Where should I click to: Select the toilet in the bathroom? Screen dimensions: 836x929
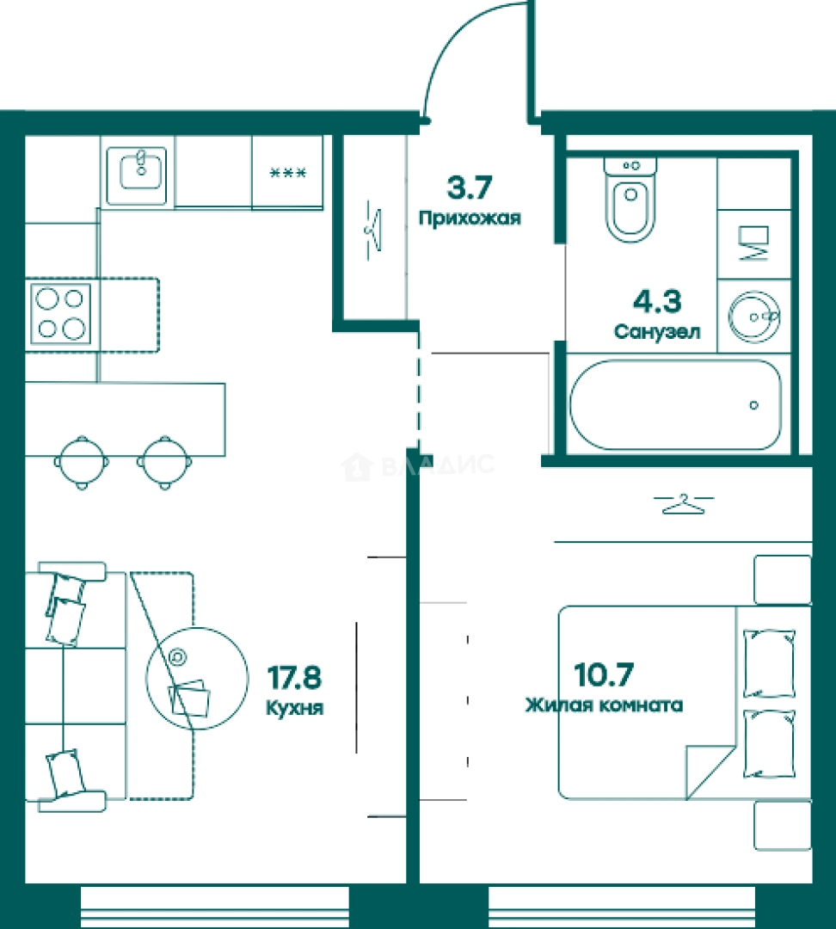630,200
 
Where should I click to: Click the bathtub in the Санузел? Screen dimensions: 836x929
675,405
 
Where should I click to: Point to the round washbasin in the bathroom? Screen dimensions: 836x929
754,317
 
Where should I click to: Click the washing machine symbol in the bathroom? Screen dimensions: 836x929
753,243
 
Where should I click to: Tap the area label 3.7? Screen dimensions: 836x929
470,188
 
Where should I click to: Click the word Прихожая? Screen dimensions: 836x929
470,218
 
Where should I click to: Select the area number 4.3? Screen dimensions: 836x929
657,301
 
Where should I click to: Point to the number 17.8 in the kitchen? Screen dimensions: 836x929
294,677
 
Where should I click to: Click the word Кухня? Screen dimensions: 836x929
294,707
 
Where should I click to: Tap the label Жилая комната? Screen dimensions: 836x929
604,705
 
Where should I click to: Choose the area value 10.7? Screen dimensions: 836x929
604,674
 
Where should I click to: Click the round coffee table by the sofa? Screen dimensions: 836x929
197,679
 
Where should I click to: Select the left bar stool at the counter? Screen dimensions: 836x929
82,463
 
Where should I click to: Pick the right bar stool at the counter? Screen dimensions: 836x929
165,463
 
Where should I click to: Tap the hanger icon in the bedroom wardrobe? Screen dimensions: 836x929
684,504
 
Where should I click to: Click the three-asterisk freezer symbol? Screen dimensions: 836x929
288,173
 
